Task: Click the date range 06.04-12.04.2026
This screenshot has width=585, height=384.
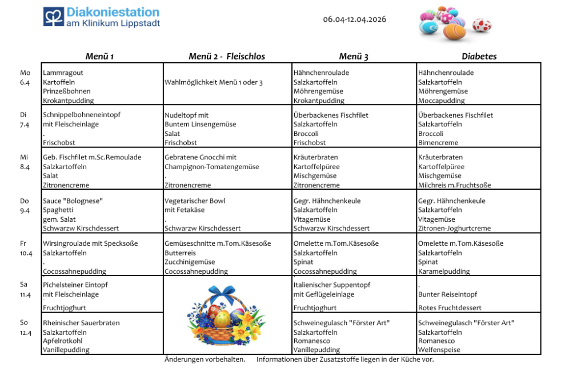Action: point(354,19)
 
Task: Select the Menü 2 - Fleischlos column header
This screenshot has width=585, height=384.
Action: point(227,57)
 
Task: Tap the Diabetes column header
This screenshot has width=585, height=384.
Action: point(479,57)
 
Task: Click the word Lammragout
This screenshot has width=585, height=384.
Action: point(63,73)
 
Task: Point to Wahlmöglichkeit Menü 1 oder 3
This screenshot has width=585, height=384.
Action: point(213,82)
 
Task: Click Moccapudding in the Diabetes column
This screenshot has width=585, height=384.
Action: point(441,101)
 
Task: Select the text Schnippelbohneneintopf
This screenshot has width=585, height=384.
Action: point(81,115)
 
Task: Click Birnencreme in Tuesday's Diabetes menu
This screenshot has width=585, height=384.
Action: point(438,143)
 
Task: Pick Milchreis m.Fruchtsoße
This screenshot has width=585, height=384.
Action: point(454,185)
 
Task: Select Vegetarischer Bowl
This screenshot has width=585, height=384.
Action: point(195,201)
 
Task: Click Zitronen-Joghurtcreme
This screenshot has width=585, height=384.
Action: point(454,229)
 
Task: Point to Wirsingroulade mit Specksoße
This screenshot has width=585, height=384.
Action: point(90,243)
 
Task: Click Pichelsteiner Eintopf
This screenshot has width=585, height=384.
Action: point(75,285)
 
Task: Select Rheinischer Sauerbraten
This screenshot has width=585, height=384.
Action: point(81,323)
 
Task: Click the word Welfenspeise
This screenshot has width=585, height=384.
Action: point(439,350)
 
